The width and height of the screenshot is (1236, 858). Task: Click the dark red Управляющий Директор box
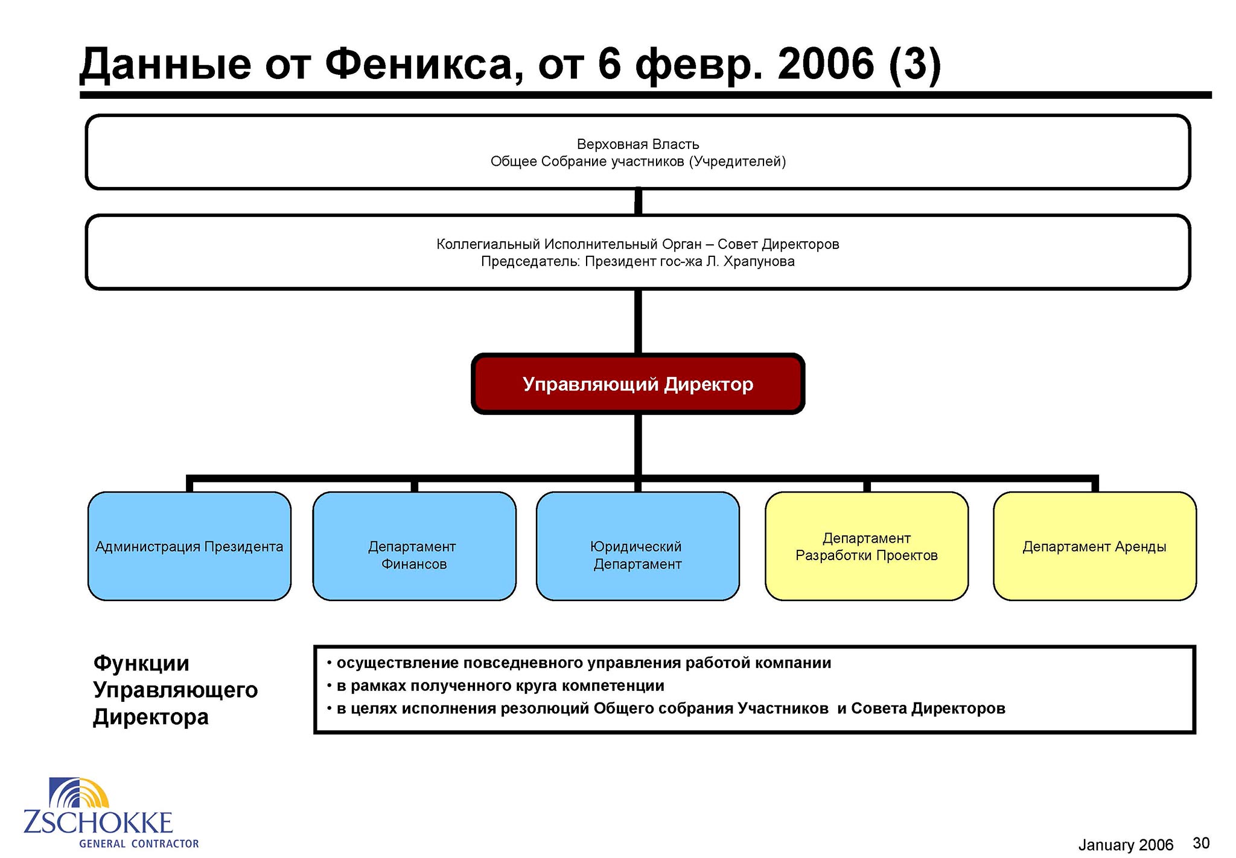tap(638, 384)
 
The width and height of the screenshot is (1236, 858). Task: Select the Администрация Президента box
tap(190, 546)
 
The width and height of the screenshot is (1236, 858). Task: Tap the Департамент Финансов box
tap(414, 546)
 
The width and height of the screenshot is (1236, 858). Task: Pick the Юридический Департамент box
tap(638, 546)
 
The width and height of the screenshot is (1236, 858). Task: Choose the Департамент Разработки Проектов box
tap(867, 546)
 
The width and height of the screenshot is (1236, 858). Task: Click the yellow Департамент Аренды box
tap(1095, 546)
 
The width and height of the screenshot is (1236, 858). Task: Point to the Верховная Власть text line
tap(638, 144)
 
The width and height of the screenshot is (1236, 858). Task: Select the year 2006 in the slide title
tap(826, 64)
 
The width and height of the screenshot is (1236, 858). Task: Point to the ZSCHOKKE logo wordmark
tap(98, 823)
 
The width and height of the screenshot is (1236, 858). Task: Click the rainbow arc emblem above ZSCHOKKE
tap(79, 793)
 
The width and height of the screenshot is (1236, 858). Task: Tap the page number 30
tap(1201, 843)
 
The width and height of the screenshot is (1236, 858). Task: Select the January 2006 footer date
tap(1126, 845)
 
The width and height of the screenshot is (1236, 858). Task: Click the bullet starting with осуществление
tap(579, 663)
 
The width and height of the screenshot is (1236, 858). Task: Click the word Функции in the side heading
tap(141, 664)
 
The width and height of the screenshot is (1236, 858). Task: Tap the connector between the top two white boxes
tap(638, 202)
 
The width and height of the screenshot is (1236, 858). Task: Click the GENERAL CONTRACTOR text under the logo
tap(139, 844)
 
